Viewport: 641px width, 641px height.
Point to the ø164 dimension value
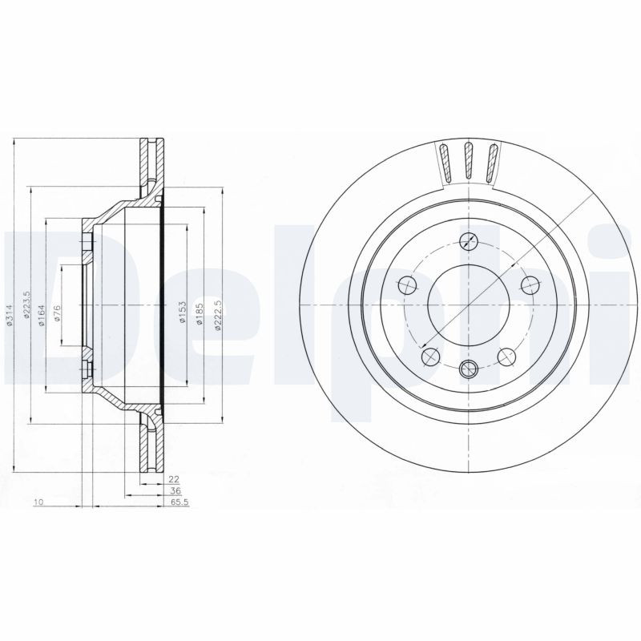point(41,312)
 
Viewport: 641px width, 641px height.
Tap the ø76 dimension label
point(58,313)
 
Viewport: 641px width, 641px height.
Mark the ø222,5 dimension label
point(217,312)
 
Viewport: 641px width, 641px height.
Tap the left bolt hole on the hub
point(406,284)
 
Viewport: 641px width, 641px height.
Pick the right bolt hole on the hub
point(529,284)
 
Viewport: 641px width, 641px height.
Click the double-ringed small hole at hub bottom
point(469,369)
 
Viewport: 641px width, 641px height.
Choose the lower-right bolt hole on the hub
point(506,357)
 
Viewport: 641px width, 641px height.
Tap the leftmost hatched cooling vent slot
point(445,163)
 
